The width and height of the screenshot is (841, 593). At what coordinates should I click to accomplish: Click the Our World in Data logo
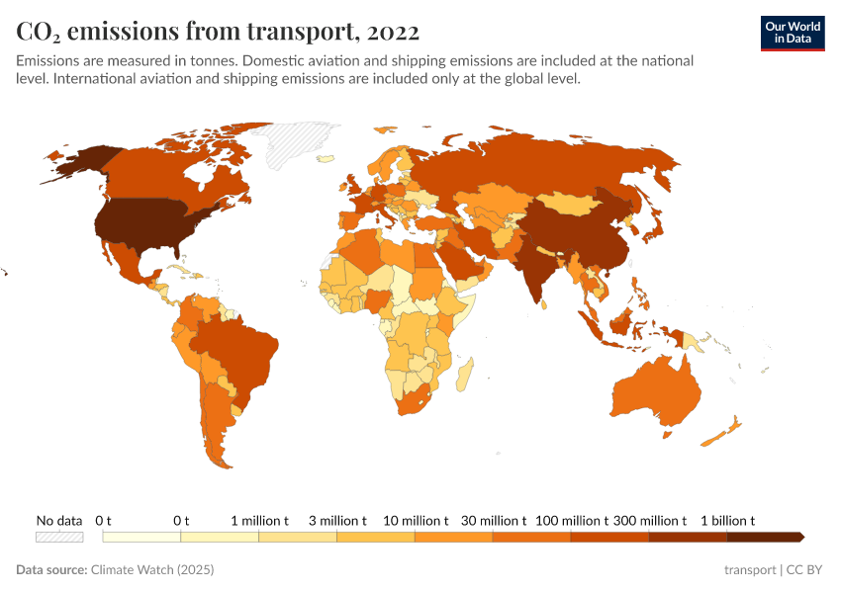(x=793, y=33)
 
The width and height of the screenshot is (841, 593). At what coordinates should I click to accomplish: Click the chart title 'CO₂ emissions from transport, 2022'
(x=218, y=32)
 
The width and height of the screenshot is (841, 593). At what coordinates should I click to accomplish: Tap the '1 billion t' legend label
(x=728, y=520)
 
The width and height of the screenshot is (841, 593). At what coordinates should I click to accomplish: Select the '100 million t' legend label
(x=572, y=520)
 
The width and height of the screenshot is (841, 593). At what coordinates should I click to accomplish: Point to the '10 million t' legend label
(x=416, y=520)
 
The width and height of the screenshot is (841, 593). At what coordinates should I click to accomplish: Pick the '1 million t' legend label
(x=259, y=520)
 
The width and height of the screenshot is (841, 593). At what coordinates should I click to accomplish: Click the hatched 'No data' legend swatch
(x=59, y=537)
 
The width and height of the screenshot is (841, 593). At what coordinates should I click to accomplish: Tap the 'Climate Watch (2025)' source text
(x=152, y=570)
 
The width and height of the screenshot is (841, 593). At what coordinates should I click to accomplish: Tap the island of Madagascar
(x=466, y=377)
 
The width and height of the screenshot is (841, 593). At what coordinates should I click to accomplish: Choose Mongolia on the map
(x=568, y=204)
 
